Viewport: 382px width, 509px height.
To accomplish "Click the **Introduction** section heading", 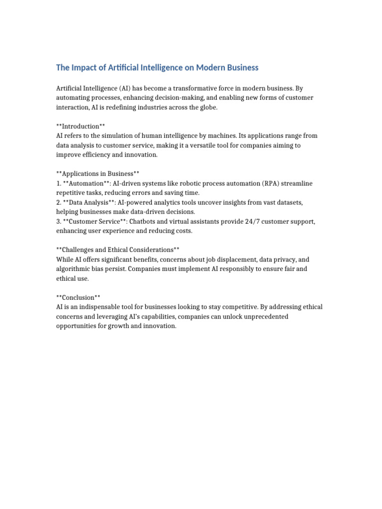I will coord(81,126).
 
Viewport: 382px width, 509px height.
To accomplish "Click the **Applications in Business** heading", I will coord(98,173).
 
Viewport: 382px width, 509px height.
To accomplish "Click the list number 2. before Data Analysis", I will coord(59,202).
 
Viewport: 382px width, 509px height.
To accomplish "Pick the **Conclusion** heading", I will coord(78,297).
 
